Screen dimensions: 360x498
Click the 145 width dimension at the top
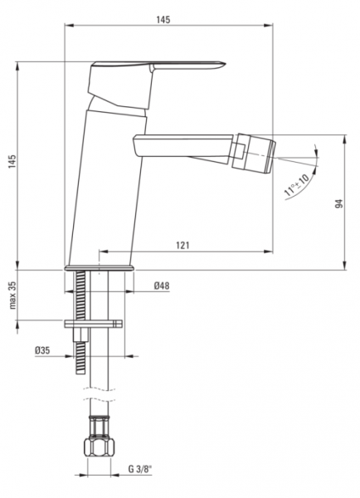click(x=163, y=20)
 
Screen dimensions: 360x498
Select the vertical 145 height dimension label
click(x=12, y=162)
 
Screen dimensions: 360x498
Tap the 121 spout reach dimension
click(x=182, y=245)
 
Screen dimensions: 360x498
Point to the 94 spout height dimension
click(x=339, y=203)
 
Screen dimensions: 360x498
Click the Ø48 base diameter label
click(x=162, y=286)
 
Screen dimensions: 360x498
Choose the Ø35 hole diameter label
click(x=42, y=350)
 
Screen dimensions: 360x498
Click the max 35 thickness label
click(x=12, y=295)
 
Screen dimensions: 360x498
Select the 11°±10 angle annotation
click(x=297, y=185)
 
